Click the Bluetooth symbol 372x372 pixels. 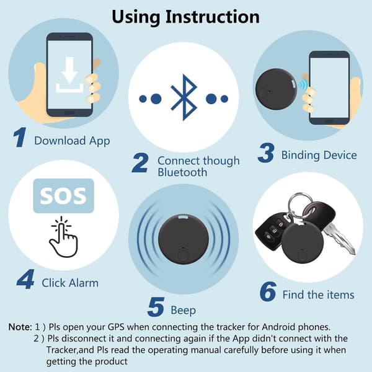pyautogui.click(x=184, y=97)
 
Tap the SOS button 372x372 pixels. pyautogui.click(x=64, y=196)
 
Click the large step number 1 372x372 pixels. pyautogui.click(x=20, y=137)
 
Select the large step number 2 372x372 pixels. pyautogui.click(x=140, y=162)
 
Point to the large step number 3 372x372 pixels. pyautogui.click(x=266, y=153)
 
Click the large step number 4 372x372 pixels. pyautogui.click(x=25, y=279)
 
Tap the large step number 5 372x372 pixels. pyautogui.click(x=156, y=307)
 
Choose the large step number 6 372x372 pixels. pyautogui.click(x=268, y=291)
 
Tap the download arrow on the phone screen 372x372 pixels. pyautogui.click(x=69, y=70)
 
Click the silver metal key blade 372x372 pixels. pyautogui.click(x=340, y=240)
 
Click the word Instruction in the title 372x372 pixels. pyautogui.click(x=212, y=17)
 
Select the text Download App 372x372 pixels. pyautogui.click(x=72, y=141)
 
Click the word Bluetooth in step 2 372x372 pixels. pyautogui.click(x=182, y=172)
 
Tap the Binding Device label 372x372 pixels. pyautogui.click(x=319, y=155)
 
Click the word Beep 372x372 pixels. pyautogui.click(x=183, y=311)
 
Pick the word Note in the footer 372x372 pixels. pyautogui.click(x=20, y=327)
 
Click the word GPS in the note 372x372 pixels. pyautogui.click(x=116, y=327)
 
